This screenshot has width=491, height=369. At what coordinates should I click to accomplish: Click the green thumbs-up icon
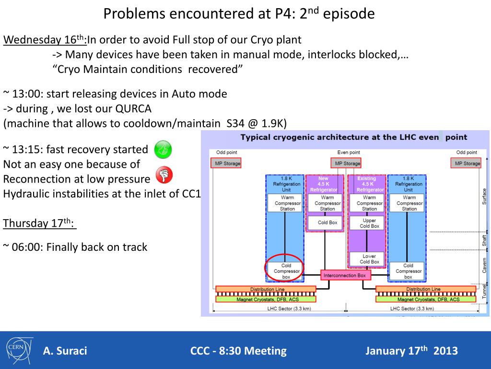pyautogui.click(x=163, y=150)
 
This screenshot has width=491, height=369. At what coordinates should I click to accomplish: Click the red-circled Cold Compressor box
pyautogui.click(x=286, y=271)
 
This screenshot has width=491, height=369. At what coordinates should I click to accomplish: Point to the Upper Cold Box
pyautogui.click(x=369, y=223)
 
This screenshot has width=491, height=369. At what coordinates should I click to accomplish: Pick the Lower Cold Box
pyautogui.click(x=369, y=259)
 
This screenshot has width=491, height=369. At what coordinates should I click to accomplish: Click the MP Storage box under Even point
pyautogui.click(x=348, y=163)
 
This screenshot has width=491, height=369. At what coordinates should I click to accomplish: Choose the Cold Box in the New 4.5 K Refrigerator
pyautogui.click(x=327, y=223)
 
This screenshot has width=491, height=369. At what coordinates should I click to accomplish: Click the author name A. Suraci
pyautogui.click(x=65, y=351)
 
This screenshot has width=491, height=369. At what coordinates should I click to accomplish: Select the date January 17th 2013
pyautogui.click(x=411, y=350)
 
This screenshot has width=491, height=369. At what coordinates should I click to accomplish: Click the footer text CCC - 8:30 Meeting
pyautogui.click(x=238, y=351)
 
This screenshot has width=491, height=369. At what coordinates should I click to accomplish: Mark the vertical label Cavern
pyautogui.click(x=484, y=265)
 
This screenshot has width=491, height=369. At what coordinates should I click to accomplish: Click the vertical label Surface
pyautogui.click(x=484, y=196)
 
